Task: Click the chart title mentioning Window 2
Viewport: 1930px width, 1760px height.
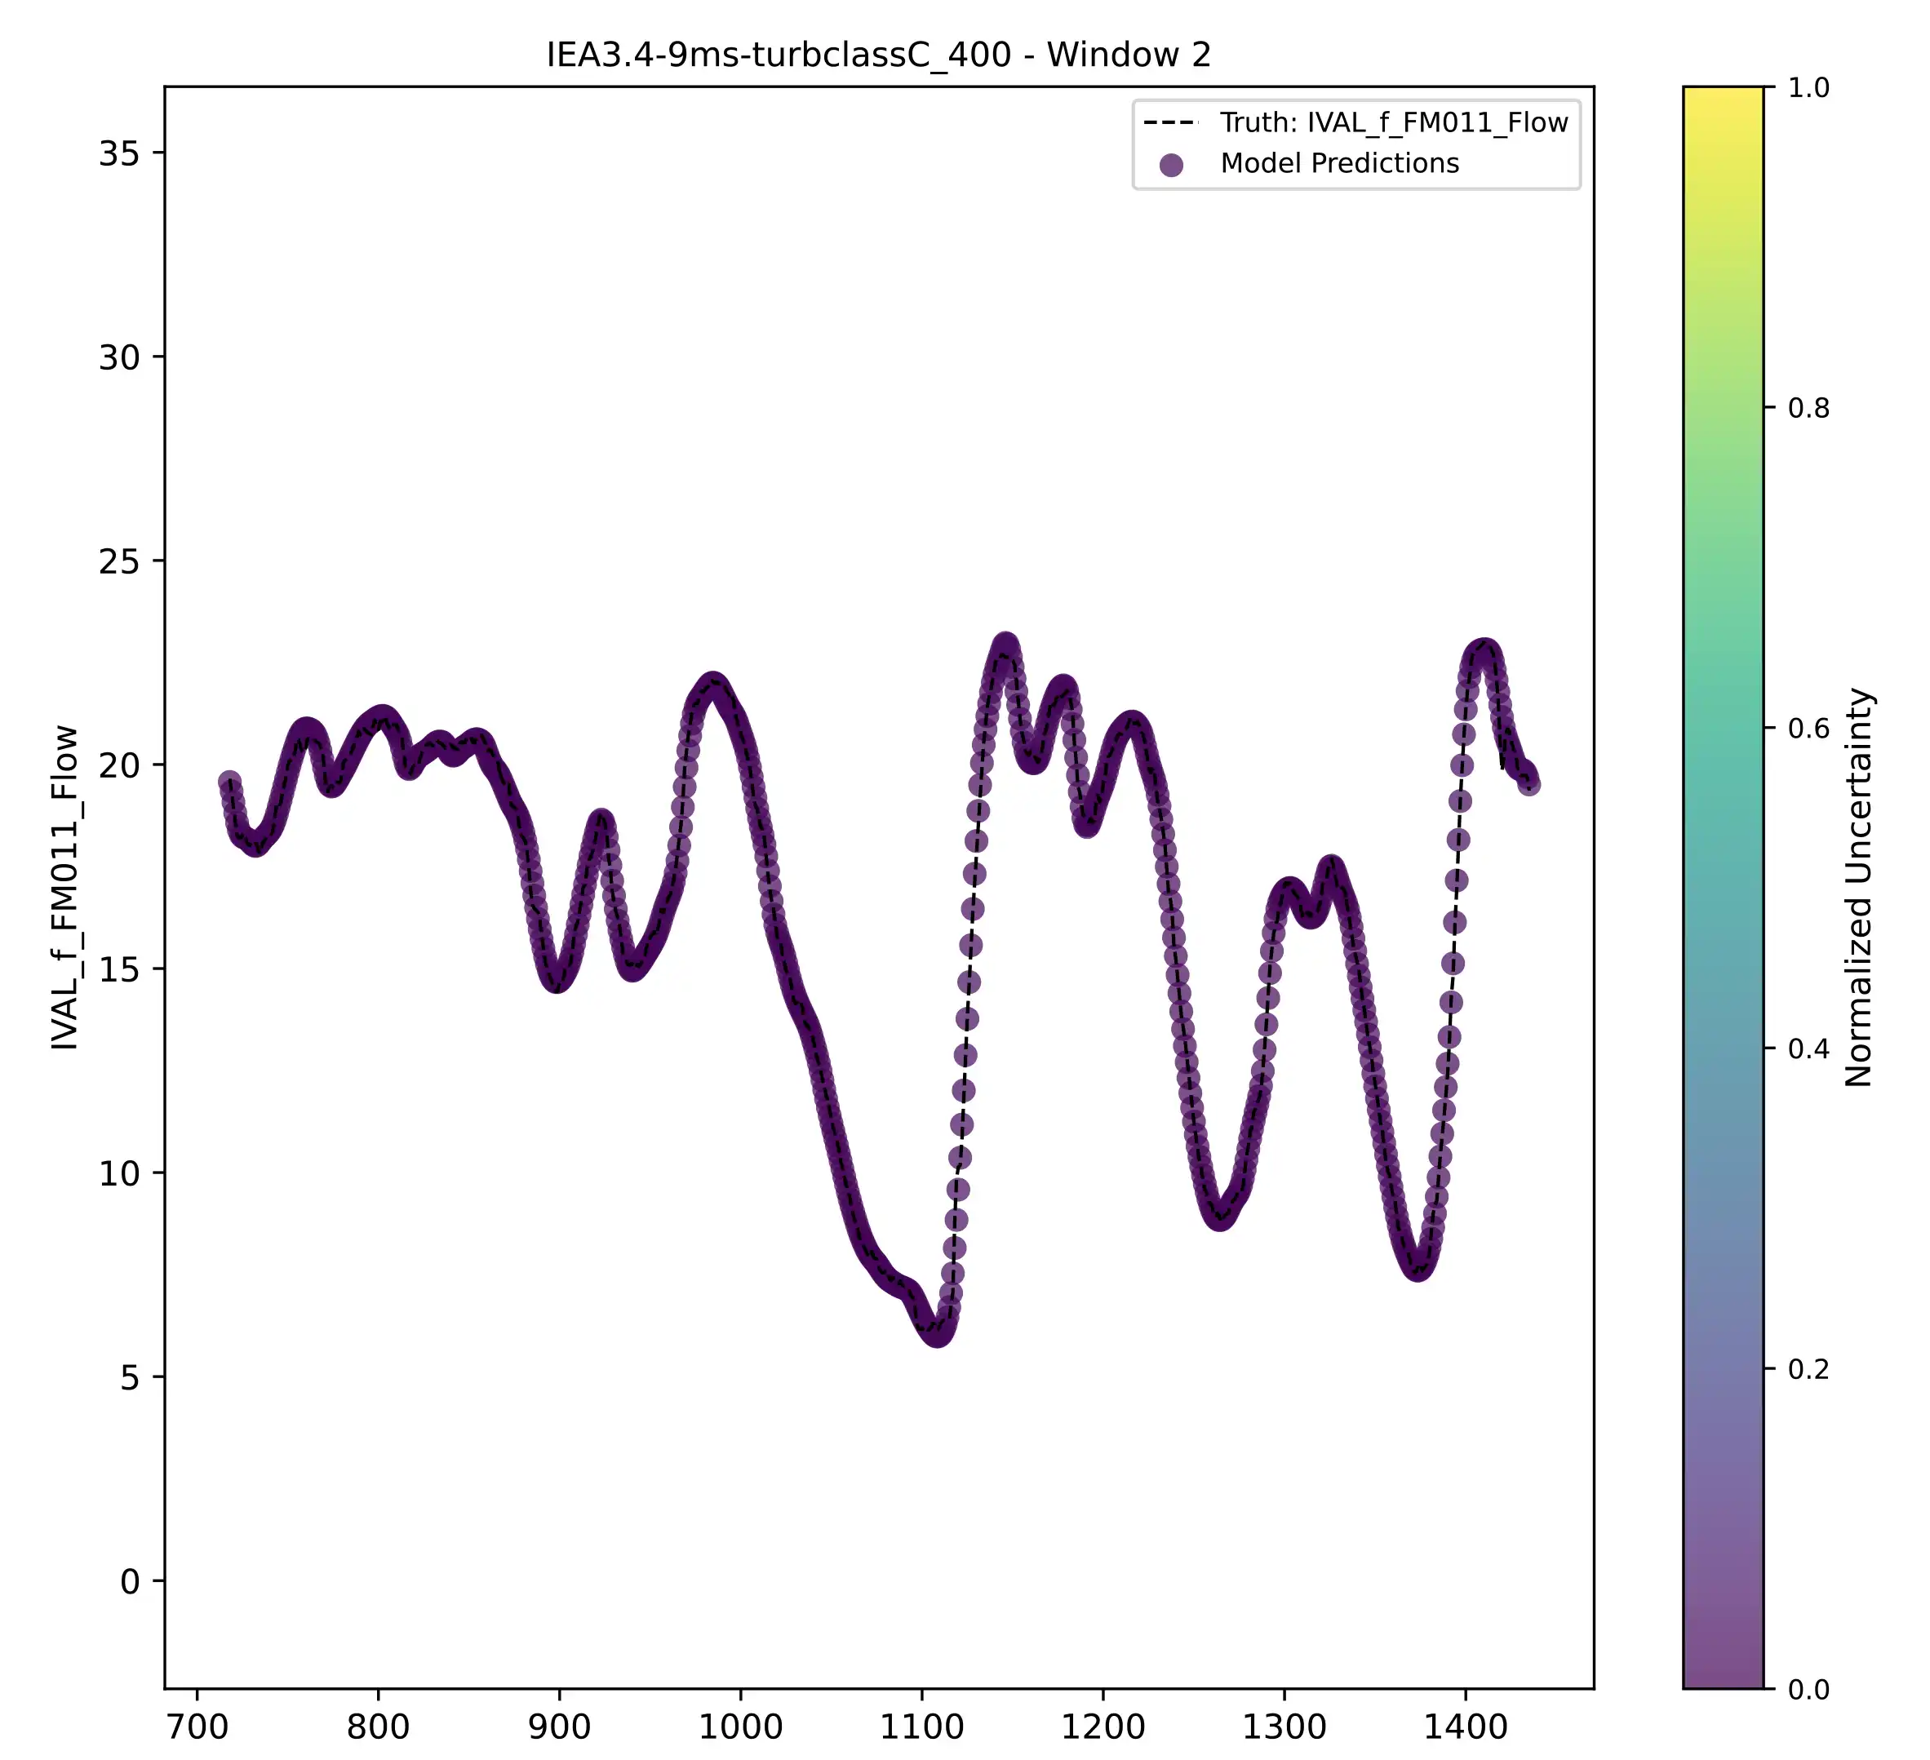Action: click(878, 55)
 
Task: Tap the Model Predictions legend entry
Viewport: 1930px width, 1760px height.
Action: click(1338, 164)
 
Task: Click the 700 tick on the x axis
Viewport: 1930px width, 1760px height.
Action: click(197, 1727)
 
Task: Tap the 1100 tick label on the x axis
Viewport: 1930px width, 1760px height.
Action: click(921, 1727)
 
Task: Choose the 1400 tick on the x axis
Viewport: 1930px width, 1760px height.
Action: click(1465, 1727)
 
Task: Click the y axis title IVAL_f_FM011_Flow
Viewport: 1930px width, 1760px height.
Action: click(65, 887)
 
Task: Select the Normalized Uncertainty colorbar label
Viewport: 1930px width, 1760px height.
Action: click(1858, 887)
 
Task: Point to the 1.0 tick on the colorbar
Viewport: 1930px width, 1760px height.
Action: click(1808, 88)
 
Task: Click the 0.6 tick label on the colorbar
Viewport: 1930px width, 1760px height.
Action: click(1808, 729)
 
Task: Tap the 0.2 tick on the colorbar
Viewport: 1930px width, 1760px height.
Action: click(1808, 1369)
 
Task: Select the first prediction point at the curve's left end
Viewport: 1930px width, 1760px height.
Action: click(228, 782)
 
